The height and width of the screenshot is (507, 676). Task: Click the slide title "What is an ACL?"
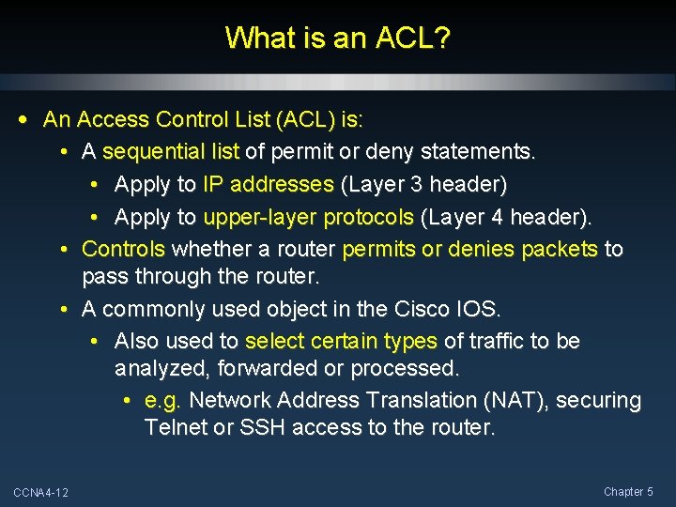338,38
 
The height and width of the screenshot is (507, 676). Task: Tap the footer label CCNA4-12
40,493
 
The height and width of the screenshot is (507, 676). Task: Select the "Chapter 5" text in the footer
628,492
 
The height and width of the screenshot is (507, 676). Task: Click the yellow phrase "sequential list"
171,151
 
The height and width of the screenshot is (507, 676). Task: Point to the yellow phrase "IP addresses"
268,184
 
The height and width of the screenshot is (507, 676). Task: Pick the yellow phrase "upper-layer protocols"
308,217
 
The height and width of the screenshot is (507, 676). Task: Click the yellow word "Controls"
123,249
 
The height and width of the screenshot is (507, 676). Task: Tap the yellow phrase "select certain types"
341,341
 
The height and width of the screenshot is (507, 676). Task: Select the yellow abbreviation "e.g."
163,400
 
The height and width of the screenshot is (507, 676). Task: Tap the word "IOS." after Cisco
479,309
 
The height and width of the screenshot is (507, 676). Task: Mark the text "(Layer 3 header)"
423,184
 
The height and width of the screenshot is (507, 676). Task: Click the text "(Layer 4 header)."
507,217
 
